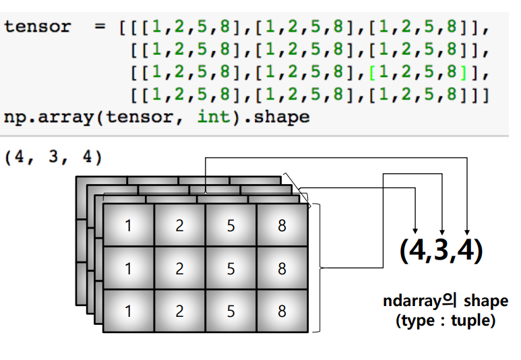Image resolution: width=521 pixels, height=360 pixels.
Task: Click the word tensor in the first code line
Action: coord(38,28)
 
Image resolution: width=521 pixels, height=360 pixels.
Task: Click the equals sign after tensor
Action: coord(100,28)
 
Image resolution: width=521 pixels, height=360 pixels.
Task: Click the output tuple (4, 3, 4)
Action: coord(53,158)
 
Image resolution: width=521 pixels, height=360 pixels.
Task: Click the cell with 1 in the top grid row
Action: coord(129,226)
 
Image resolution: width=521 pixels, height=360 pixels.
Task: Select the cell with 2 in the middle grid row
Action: coord(180,269)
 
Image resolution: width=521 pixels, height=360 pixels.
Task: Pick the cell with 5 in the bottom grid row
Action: coord(231,311)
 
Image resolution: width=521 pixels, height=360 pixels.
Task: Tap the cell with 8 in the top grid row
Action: coord(282,226)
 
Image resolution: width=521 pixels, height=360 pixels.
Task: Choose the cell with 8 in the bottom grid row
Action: coord(282,311)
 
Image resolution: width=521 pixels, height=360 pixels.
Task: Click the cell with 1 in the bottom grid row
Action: coord(129,311)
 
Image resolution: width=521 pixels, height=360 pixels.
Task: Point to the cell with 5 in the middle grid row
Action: coord(231,269)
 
